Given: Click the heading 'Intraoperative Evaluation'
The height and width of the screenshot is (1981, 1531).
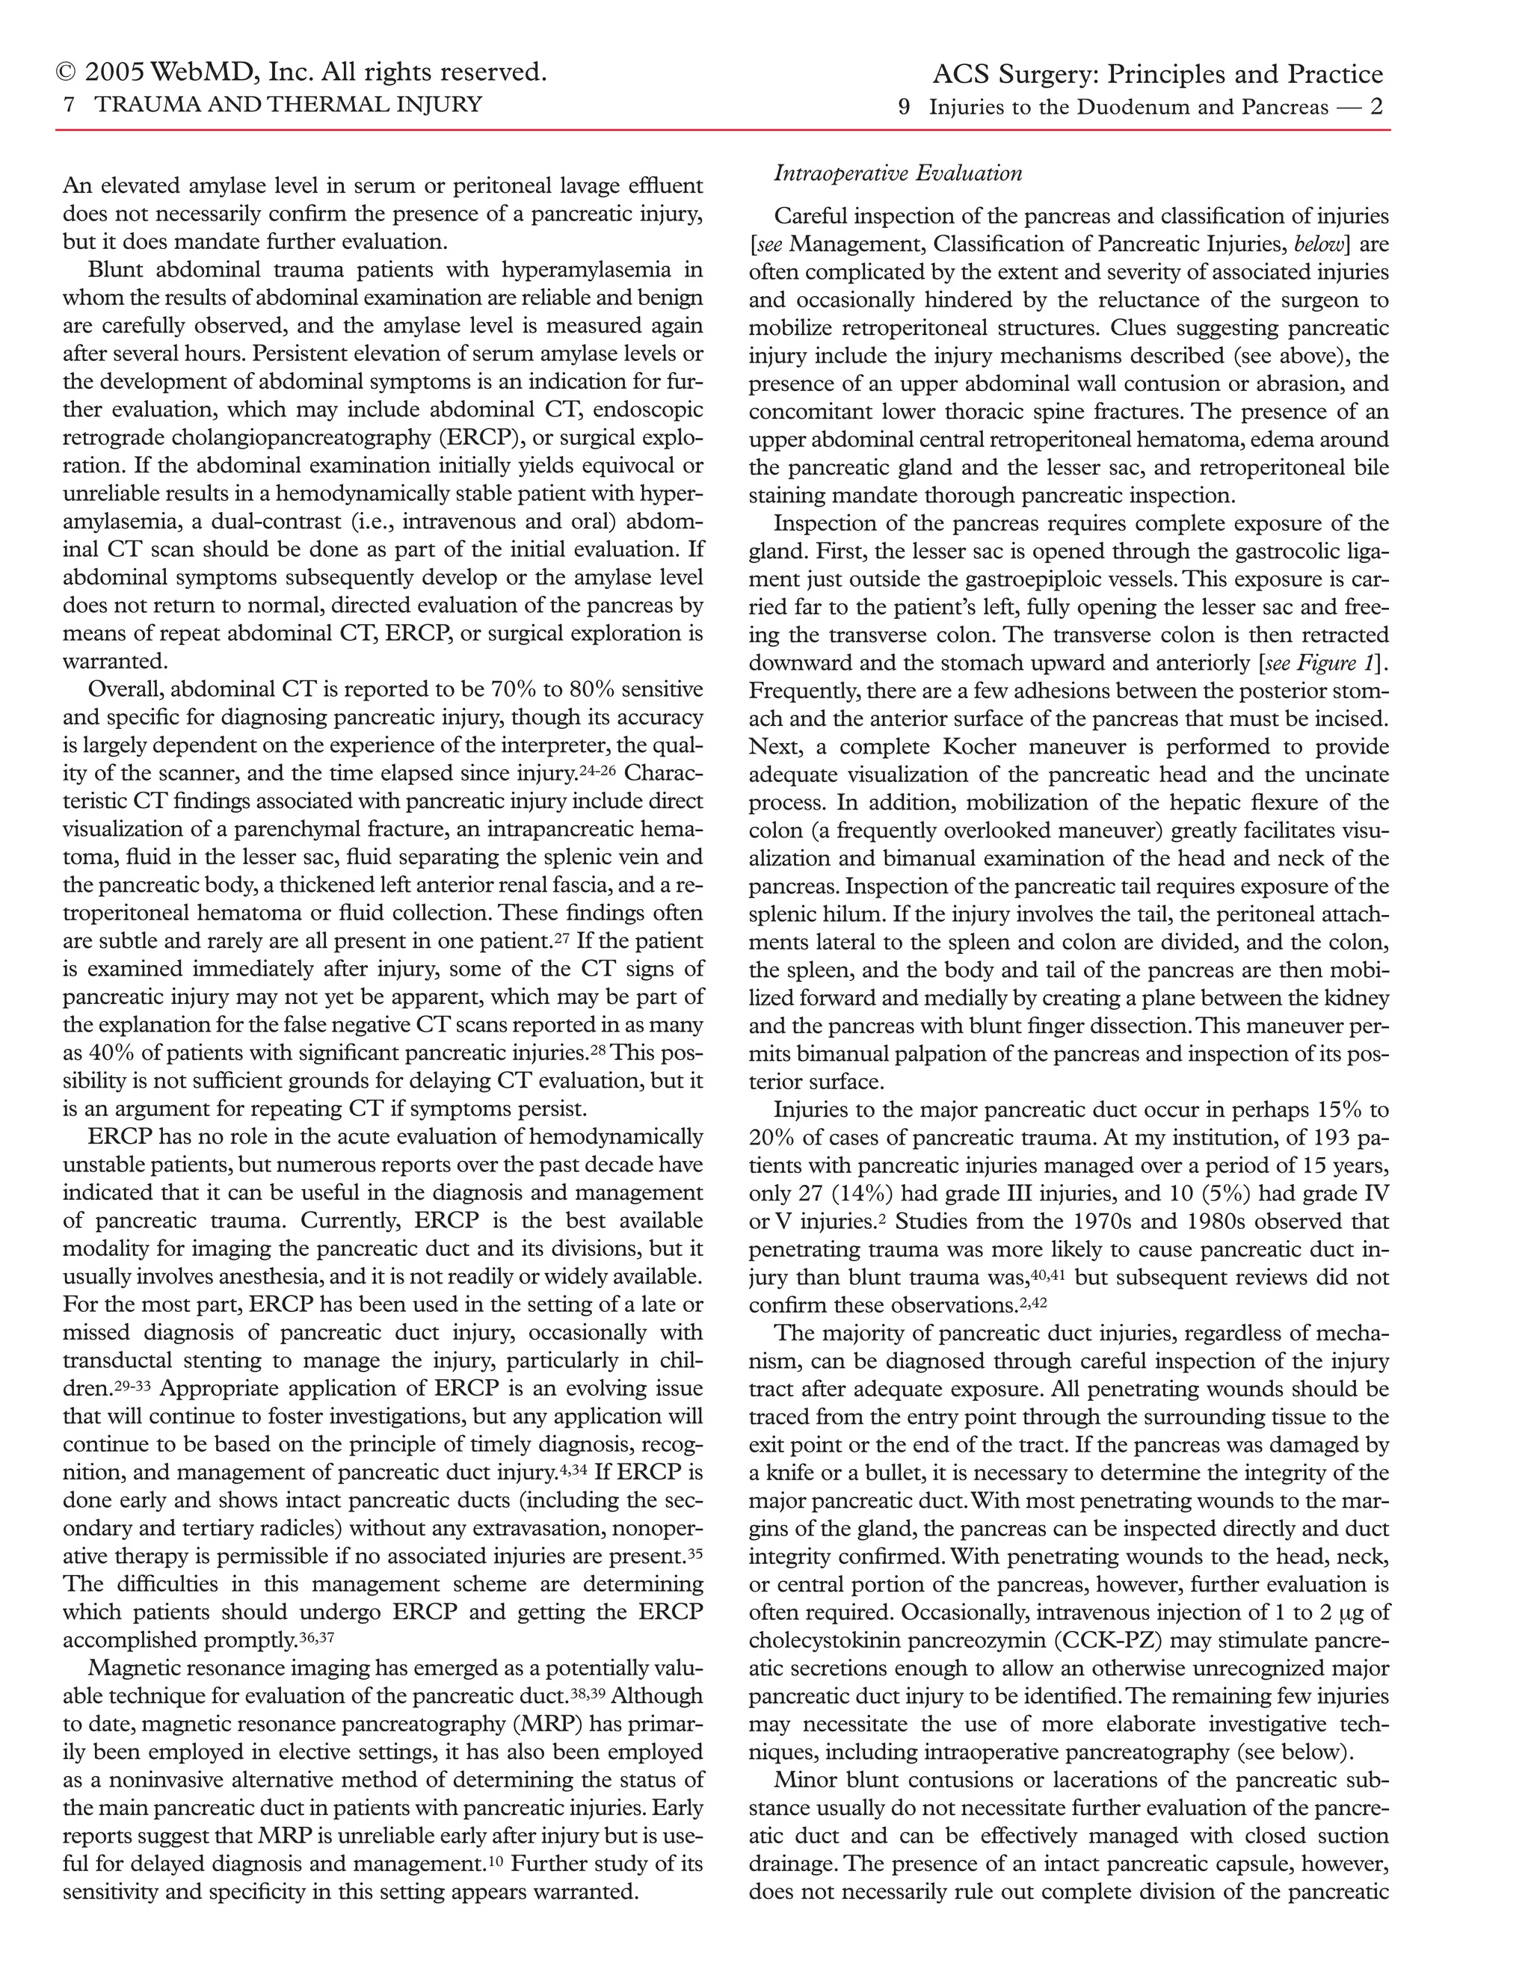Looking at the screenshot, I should click(898, 173).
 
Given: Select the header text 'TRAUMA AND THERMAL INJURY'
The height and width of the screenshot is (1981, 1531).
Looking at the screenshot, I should click(289, 105).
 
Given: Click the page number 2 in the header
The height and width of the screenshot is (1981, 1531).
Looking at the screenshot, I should click(1376, 107).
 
